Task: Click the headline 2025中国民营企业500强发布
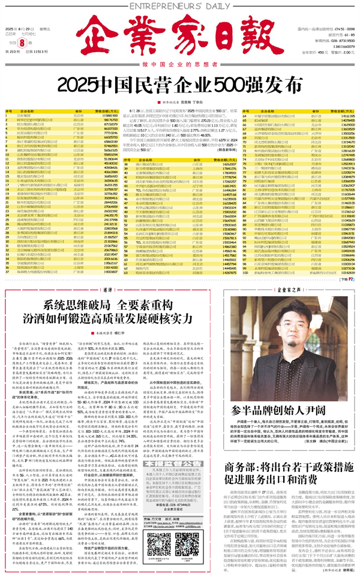coord(180,83)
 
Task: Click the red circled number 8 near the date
coord(22,43)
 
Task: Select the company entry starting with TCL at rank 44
coord(150,232)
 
